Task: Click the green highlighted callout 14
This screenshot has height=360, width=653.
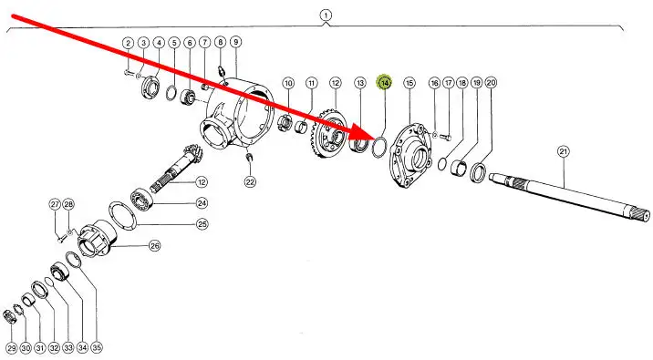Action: (384, 83)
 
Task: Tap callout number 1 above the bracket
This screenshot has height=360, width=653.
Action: (326, 15)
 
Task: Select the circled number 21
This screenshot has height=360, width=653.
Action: (563, 151)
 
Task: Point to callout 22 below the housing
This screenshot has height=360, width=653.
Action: (250, 182)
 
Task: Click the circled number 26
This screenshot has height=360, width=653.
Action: (154, 245)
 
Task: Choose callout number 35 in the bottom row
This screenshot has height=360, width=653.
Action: (96, 347)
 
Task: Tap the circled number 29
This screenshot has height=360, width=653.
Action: (12, 348)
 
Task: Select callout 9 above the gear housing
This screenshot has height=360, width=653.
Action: (235, 42)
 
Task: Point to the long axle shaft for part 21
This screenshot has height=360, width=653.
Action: (569, 196)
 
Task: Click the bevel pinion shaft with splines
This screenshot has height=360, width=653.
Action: (180, 168)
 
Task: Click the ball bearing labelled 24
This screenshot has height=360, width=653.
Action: (141, 198)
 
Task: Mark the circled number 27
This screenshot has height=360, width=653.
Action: (55, 204)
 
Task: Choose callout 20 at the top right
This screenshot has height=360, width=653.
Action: (491, 82)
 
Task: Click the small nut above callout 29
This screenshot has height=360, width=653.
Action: (9, 318)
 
